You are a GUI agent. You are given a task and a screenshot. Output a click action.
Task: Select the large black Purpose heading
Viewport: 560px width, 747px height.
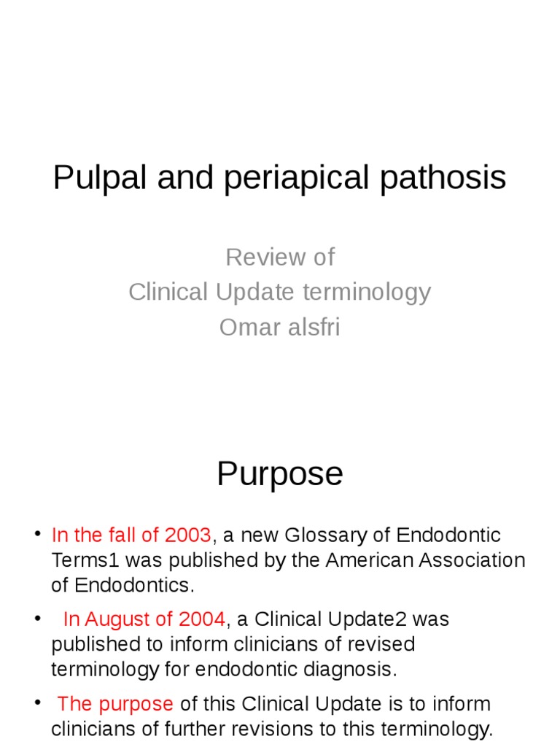click(x=280, y=474)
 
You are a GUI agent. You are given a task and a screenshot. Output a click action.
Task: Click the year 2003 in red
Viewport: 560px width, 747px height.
click(x=187, y=535)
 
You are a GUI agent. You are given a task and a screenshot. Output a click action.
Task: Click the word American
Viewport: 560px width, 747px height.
click(x=370, y=560)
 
